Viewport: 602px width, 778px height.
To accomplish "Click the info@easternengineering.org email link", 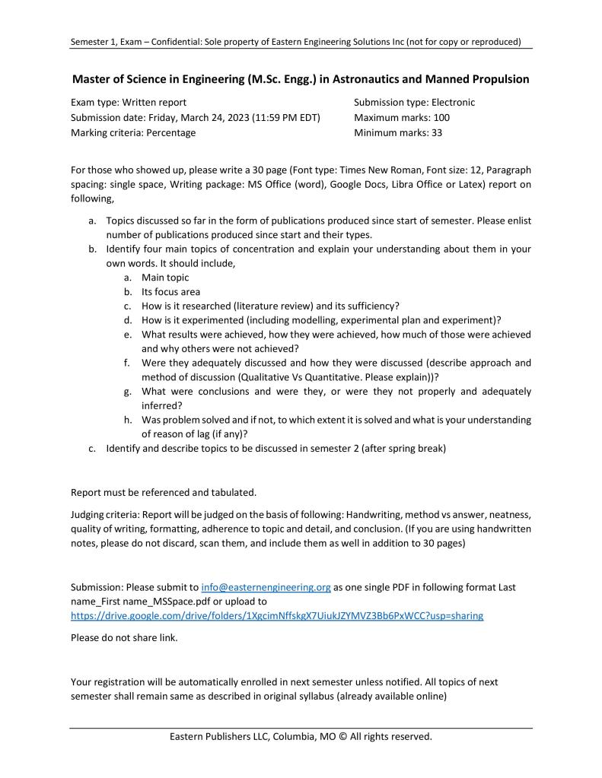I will click(266, 587).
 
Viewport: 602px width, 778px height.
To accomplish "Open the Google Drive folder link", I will click(277, 615).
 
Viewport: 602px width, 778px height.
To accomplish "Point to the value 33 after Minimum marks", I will click(437, 132).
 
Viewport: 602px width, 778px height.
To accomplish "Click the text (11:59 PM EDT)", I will click(282, 117).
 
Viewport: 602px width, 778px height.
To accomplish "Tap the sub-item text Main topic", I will click(165, 278).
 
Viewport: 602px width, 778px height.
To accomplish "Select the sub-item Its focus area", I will click(170, 291).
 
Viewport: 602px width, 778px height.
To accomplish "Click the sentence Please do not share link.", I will click(124, 637).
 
